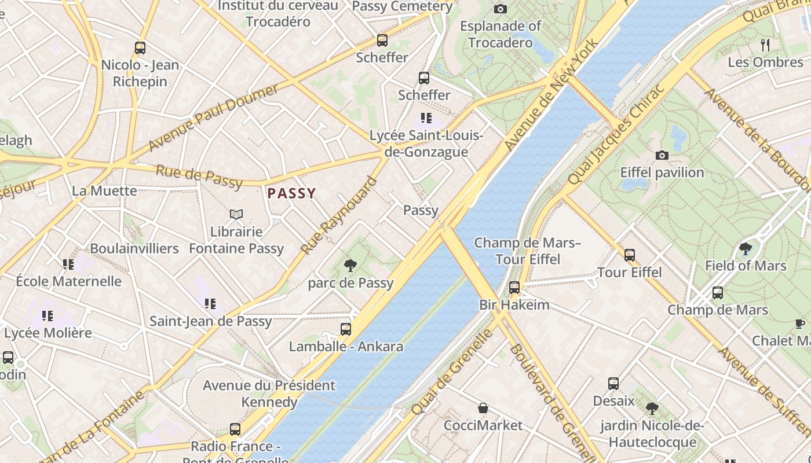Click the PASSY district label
coord(292,193)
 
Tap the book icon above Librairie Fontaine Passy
coord(236,215)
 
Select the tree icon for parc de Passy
coord(350,266)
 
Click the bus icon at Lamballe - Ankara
coord(346,329)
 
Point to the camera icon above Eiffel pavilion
coord(662,155)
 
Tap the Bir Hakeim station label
coord(514,304)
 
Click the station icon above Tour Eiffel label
coord(630,255)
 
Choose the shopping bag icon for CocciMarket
coord(483,408)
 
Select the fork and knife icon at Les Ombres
coord(765,45)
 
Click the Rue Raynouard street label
coord(339,215)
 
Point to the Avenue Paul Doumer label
coord(213,117)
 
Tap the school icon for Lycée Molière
coord(48,316)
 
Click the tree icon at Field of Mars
coord(746,249)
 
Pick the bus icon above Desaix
coord(613,383)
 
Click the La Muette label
coord(104,190)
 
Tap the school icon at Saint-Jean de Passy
coord(210,303)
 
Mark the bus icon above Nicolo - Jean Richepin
coord(140,48)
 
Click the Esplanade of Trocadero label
coord(501,34)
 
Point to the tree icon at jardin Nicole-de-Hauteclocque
coord(652,409)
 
